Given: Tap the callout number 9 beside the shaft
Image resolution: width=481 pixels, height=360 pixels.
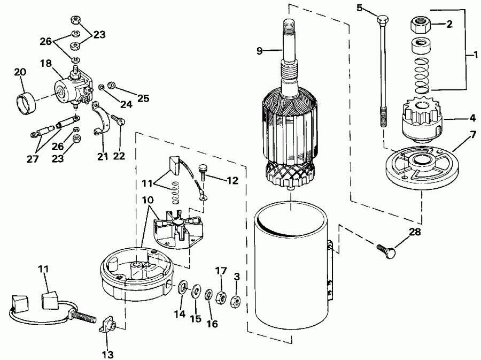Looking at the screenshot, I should [260, 51].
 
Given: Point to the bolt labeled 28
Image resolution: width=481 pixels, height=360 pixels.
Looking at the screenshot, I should [387, 249].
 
